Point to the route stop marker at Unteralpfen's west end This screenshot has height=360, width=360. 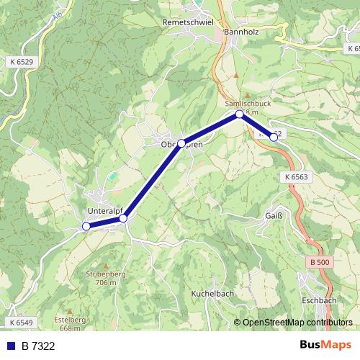86,226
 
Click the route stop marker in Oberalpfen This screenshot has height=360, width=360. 181,143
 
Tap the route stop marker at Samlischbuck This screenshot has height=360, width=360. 240,114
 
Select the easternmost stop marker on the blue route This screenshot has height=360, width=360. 274,136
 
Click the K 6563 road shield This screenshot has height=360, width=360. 296,176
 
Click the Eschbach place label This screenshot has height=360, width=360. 320,300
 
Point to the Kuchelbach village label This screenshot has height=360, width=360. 213,294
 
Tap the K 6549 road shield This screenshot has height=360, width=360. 22,322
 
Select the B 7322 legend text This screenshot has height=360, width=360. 37,346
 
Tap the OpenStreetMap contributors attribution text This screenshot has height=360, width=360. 297,323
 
